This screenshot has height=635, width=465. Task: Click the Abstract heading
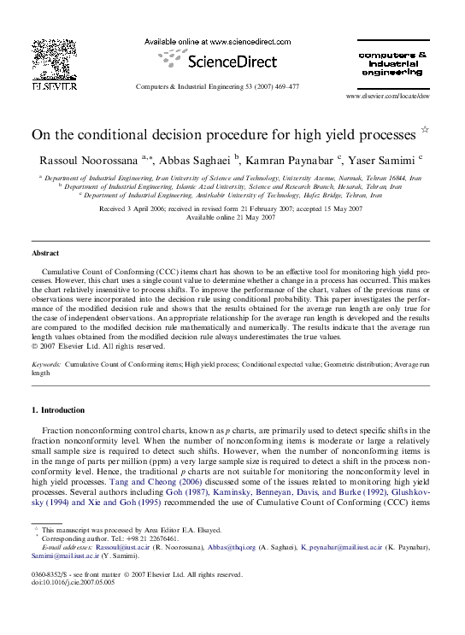coord(45,254)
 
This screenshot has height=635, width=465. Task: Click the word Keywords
coord(46,364)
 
